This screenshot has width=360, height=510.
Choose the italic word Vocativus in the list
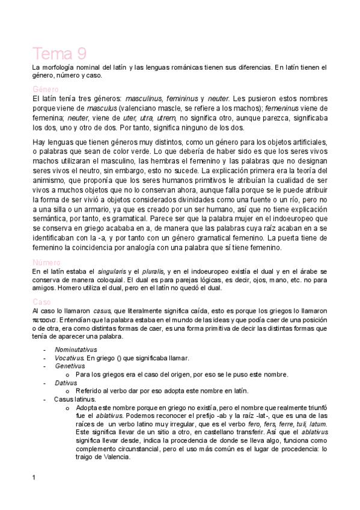[69, 357]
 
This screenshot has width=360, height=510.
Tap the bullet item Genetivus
[69, 365]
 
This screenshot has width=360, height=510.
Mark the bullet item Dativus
[66, 382]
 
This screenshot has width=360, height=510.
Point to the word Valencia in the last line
[114, 456]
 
